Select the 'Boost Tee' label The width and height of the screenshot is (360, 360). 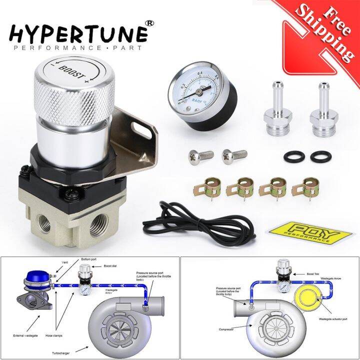(302, 273)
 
